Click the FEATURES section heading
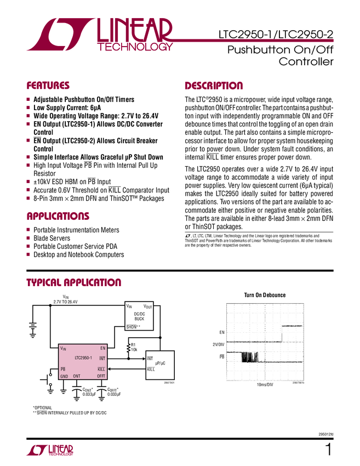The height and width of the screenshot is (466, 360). [x=48, y=86]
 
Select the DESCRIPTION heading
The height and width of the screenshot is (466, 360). [x=214, y=86]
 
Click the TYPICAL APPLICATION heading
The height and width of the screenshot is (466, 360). [x=74, y=283]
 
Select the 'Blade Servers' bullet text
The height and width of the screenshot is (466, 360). [x=52, y=238]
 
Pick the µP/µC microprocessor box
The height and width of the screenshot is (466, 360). [x=160, y=363]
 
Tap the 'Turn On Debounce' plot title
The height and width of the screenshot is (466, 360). [x=265, y=295]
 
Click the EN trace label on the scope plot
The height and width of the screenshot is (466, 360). [x=222, y=333]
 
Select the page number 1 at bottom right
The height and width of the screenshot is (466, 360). [x=328, y=450]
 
